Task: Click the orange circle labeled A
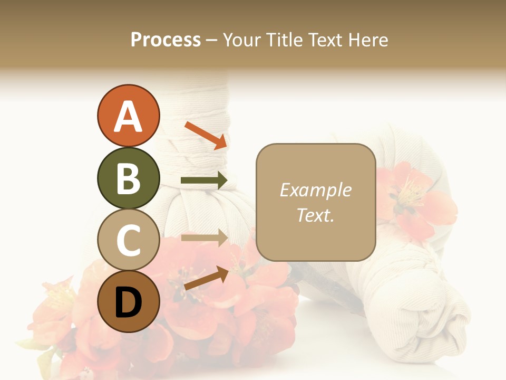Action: [x=128, y=116]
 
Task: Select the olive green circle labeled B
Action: [x=128, y=178]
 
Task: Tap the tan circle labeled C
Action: [x=128, y=240]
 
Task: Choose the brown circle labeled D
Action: [x=128, y=302]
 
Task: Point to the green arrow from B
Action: [x=203, y=181]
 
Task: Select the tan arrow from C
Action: [x=203, y=237]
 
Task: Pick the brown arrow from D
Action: [x=206, y=278]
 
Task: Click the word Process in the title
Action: [x=166, y=40]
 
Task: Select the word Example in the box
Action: [x=315, y=190]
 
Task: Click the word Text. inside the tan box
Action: [x=315, y=215]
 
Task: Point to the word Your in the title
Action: [x=240, y=40]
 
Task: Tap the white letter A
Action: [x=128, y=117]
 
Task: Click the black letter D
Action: [x=128, y=303]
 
